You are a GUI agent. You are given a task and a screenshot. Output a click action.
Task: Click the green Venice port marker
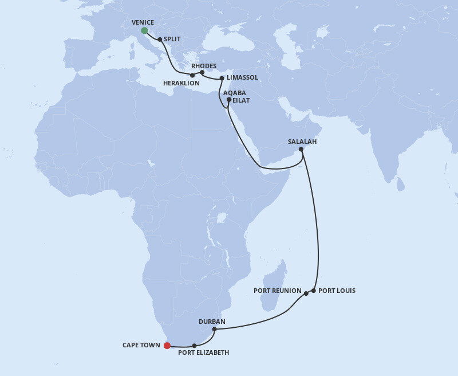click(x=144, y=30)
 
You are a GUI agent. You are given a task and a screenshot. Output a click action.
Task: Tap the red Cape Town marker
click(x=167, y=345)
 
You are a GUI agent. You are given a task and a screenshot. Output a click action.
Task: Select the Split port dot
click(x=160, y=40)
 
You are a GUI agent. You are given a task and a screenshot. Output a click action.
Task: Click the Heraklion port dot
click(x=192, y=75)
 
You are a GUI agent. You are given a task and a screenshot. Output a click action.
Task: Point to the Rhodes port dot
click(x=202, y=72)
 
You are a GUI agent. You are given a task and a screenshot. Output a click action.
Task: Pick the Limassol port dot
click(x=222, y=77)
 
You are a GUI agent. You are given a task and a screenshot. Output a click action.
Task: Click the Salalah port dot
click(x=301, y=150)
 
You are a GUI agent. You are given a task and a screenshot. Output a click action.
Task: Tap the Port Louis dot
click(x=314, y=291)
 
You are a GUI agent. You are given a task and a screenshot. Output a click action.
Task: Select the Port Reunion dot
click(x=306, y=293)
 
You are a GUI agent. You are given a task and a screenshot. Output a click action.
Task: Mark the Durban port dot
click(x=214, y=329)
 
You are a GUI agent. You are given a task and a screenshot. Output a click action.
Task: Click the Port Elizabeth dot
click(x=195, y=346)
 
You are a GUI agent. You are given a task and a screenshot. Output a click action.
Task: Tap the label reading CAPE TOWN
click(x=141, y=345)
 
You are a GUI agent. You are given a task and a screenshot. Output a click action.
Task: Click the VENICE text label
click(x=143, y=22)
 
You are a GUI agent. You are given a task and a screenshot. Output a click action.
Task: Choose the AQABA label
click(x=235, y=92)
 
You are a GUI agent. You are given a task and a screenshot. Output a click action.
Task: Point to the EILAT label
click(x=242, y=100)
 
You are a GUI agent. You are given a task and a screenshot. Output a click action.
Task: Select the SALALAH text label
click(x=302, y=142)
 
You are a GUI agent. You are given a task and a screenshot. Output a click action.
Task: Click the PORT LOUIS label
click(x=337, y=291)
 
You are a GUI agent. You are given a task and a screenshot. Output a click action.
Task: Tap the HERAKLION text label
click(x=181, y=83)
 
